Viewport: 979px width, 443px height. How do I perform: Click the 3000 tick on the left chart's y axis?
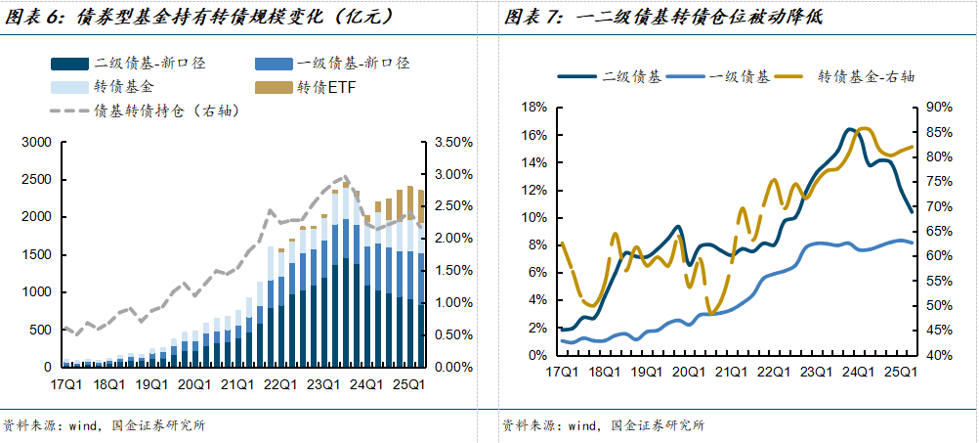35,143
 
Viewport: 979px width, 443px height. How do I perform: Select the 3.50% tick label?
451,143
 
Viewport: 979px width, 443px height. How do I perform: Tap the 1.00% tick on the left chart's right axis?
451,303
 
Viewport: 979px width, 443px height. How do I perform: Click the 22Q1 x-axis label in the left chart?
281,385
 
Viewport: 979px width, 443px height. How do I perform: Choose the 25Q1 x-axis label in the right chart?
898,373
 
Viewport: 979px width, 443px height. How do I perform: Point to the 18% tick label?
533,108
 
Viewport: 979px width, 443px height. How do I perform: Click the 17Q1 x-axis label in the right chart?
561,373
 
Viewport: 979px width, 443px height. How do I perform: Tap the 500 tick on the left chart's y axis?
39,330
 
